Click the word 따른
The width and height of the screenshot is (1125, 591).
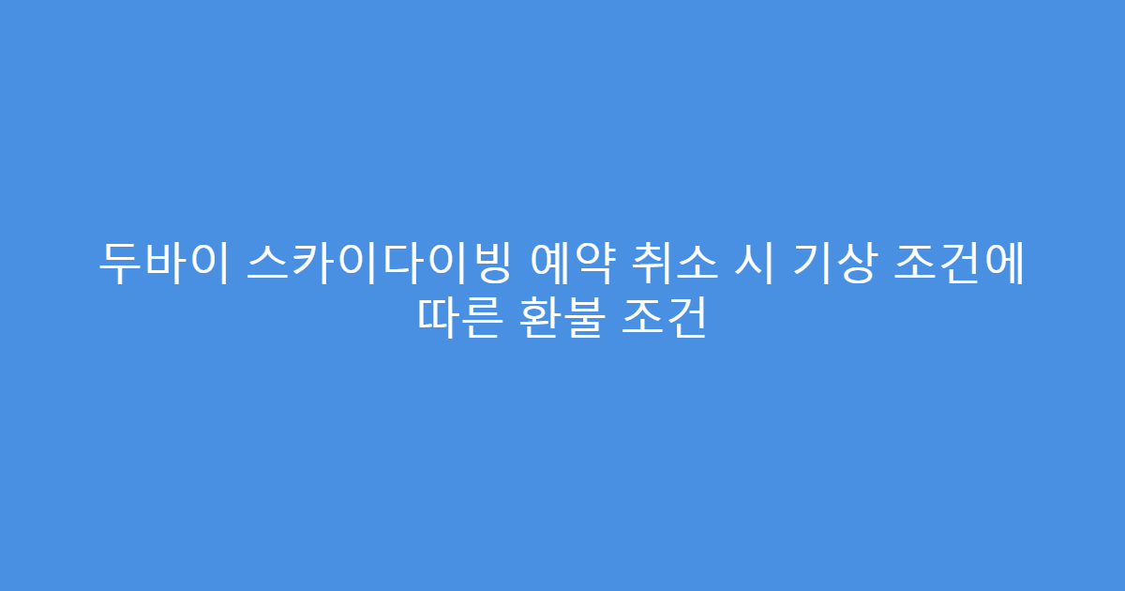point(457,321)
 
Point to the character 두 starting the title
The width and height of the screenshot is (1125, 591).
point(117,266)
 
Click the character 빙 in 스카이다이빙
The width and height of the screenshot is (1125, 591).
point(489,266)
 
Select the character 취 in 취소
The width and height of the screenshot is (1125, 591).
point(657,266)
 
